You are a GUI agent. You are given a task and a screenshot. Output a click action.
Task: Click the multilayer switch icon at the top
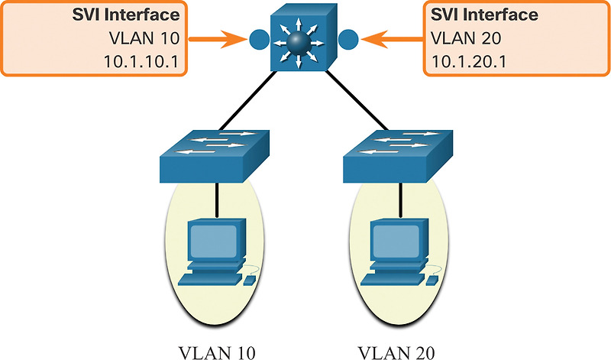(305, 37)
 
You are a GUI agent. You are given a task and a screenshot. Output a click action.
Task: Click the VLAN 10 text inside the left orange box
(157, 38)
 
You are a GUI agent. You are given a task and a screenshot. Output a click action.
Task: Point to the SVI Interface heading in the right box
(474, 15)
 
